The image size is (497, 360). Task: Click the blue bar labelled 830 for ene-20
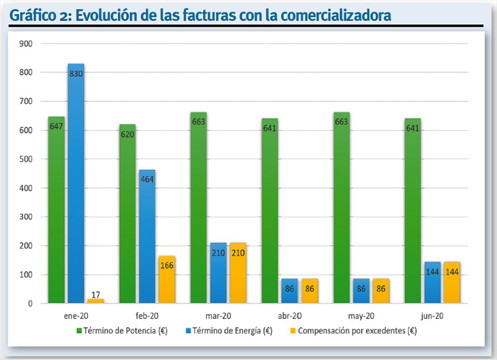(76, 183)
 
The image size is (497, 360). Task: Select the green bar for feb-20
(127, 214)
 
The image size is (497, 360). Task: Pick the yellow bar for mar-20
(238, 273)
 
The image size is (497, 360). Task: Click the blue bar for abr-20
(290, 291)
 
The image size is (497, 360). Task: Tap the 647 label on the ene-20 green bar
(57, 127)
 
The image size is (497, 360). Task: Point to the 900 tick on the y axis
(26, 44)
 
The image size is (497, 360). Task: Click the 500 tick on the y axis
(26, 159)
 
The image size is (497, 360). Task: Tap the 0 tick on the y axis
(30, 303)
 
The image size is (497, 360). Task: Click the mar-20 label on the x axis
(218, 316)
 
